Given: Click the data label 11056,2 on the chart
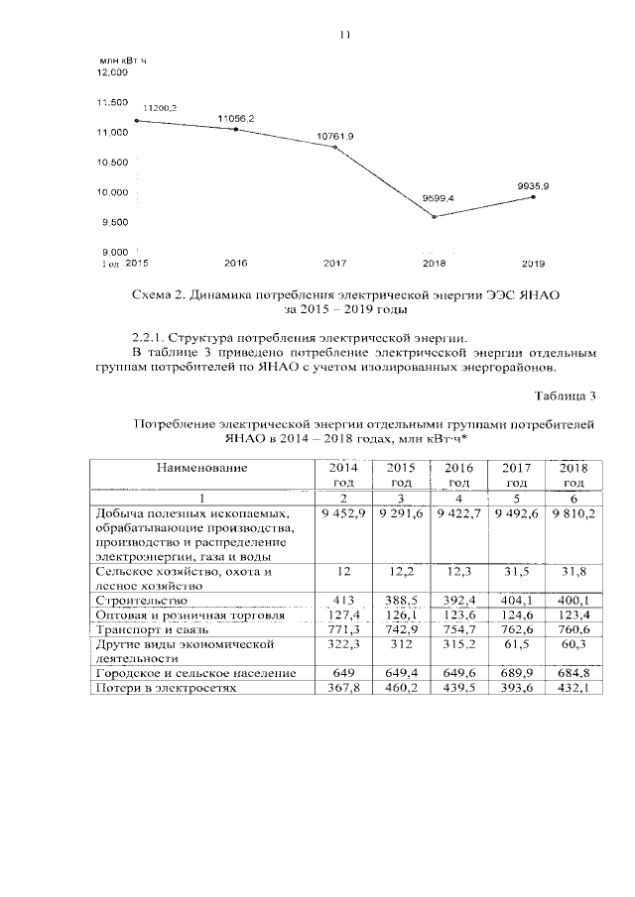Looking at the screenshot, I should (236, 118).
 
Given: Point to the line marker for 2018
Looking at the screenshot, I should (435, 216).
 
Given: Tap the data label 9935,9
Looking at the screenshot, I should (534, 185).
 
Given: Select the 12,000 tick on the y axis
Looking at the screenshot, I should (113, 72).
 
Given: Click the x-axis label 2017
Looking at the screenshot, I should (334, 264).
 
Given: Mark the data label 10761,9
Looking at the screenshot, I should (335, 136).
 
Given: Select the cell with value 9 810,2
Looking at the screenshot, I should (572, 514).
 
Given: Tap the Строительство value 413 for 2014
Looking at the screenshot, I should (342, 601).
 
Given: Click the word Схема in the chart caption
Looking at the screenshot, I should (153, 294).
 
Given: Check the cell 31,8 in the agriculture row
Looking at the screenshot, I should (573, 572).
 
